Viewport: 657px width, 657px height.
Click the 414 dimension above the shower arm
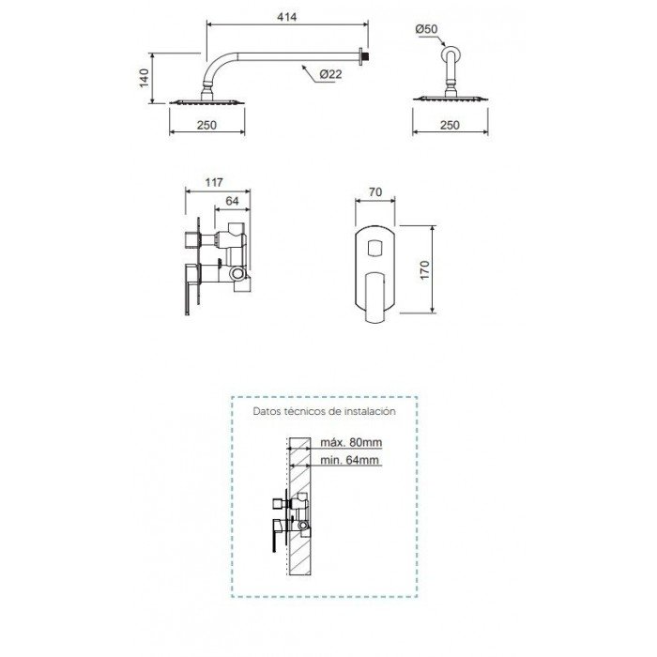[287, 17]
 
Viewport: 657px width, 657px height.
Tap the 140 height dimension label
[145, 78]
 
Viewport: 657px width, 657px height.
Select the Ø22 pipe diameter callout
[330, 74]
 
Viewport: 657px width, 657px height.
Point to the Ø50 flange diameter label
[426, 29]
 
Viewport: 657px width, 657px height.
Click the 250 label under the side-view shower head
[207, 125]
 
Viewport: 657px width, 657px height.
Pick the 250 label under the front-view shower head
[450, 125]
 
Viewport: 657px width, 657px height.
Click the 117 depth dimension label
[214, 183]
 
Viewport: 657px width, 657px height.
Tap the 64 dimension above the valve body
[232, 201]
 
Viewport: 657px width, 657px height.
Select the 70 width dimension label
[375, 191]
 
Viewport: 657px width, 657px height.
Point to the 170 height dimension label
[425, 270]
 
